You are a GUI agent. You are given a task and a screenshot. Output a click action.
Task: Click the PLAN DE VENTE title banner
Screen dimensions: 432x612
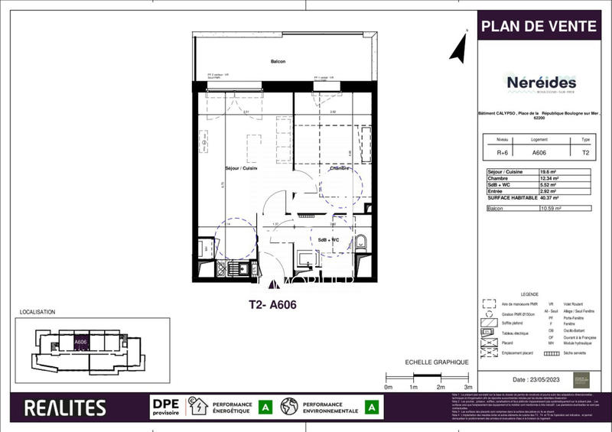[538, 26]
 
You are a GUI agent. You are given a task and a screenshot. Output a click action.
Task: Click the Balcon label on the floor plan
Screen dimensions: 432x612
[278, 62]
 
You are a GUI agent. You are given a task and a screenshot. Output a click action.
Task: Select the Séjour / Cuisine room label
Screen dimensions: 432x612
[242, 168]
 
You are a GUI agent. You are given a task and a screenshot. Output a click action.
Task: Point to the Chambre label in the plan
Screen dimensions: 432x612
[340, 168]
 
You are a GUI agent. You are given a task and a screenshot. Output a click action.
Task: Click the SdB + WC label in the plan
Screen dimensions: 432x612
[330, 239]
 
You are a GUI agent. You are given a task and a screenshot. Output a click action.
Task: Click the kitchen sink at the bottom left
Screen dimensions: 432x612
[237, 268]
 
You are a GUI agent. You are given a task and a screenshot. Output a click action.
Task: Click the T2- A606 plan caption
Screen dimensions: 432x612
[273, 304]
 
